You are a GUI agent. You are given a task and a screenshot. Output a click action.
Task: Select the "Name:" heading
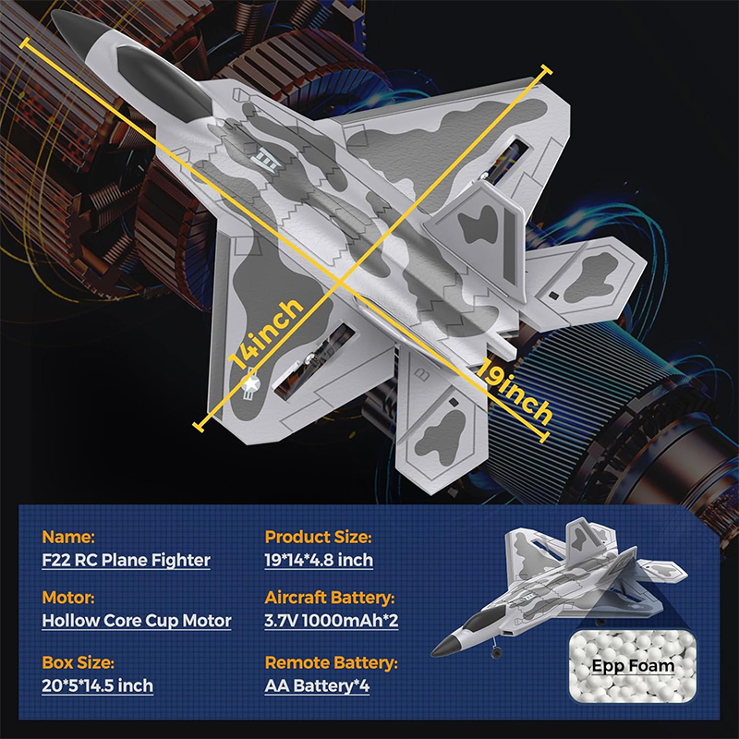click(x=68, y=536)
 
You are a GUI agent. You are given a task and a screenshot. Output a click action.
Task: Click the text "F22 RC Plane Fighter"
click(x=127, y=560)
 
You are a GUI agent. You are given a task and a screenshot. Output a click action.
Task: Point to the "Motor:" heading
click(x=68, y=597)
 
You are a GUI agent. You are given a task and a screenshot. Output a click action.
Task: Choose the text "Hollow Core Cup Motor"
click(x=137, y=621)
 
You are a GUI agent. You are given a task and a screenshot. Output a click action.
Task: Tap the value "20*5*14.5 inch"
click(x=98, y=685)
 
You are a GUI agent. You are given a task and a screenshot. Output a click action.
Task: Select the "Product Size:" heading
click(x=318, y=536)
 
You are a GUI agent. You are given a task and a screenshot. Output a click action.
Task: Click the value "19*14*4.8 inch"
click(x=319, y=560)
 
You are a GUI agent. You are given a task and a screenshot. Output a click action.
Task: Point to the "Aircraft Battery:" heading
click(x=329, y=597)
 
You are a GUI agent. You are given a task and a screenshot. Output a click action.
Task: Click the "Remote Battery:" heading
click(x=331, y=662)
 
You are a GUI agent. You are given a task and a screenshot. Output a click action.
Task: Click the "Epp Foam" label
click(x=634, y=665)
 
